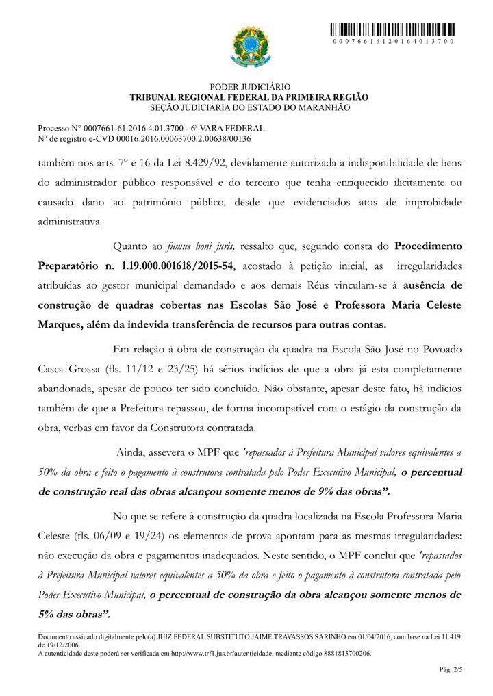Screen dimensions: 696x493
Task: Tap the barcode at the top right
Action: coord(392,30)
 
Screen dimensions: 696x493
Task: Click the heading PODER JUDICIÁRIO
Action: coord(250,88)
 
